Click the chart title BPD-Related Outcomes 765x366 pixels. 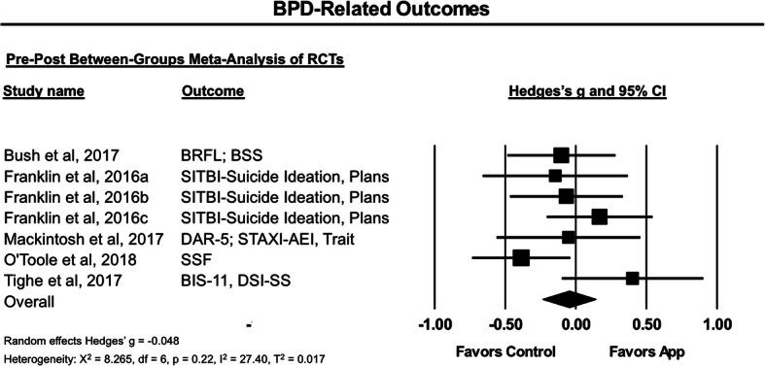pyautogui.click(x=382, y=12)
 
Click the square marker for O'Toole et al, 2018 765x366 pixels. pyautogui.click(x=521, y=257)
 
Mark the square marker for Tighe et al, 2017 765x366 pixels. pyautogui.click(x=633, y=278)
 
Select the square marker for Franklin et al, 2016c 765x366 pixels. pyautogui.click(x=599, y=216)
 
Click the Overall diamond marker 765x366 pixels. pyautogui.click(x=570, y=298)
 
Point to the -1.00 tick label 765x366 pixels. pyautogui.click(x=432, y=323)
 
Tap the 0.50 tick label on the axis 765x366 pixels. pyautogui.click(x=646, y=323)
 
